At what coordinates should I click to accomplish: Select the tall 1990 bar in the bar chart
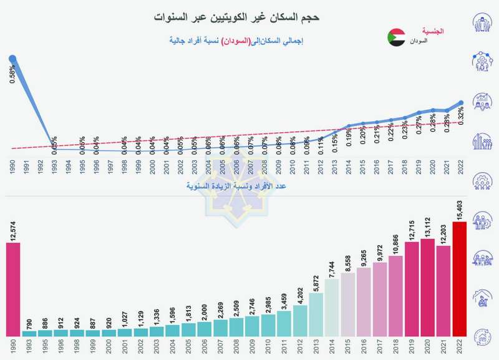point(13,289)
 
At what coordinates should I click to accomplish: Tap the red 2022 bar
point(459,279)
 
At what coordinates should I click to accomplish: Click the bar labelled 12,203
point(443,291)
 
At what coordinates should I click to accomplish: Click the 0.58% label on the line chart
point(13,74)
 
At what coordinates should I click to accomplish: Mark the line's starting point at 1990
point(12,59)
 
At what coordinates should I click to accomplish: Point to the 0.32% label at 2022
point(461,116)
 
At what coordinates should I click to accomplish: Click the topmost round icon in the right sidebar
point(481,26)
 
